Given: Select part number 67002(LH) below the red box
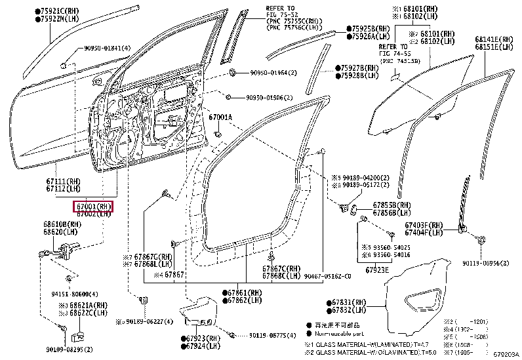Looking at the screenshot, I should tap(92, 214).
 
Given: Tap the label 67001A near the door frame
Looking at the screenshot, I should tap(221, 117).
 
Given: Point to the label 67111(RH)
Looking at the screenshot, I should tap(64, 182).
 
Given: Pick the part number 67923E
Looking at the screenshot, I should tap(377, 269).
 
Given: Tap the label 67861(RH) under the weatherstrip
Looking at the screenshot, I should tap(245, 291).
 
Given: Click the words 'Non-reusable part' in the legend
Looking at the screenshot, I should tap(340, 333).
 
